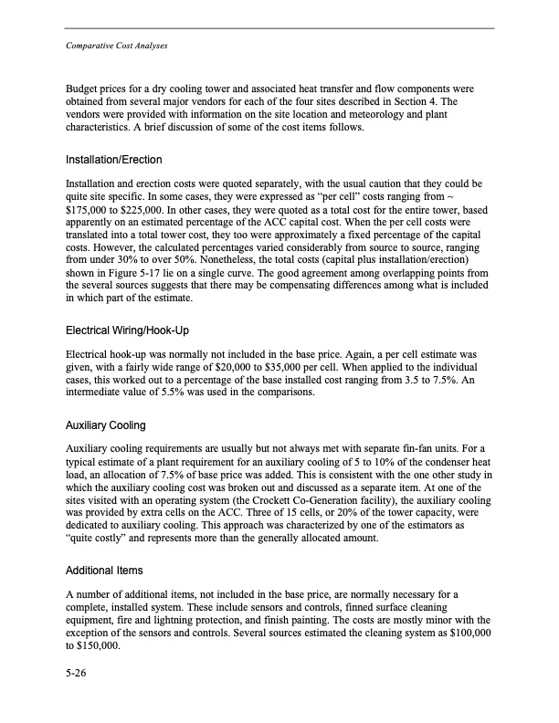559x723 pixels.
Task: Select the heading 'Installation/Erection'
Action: [114, 160]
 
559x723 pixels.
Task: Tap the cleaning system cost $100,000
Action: [466, 630]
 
